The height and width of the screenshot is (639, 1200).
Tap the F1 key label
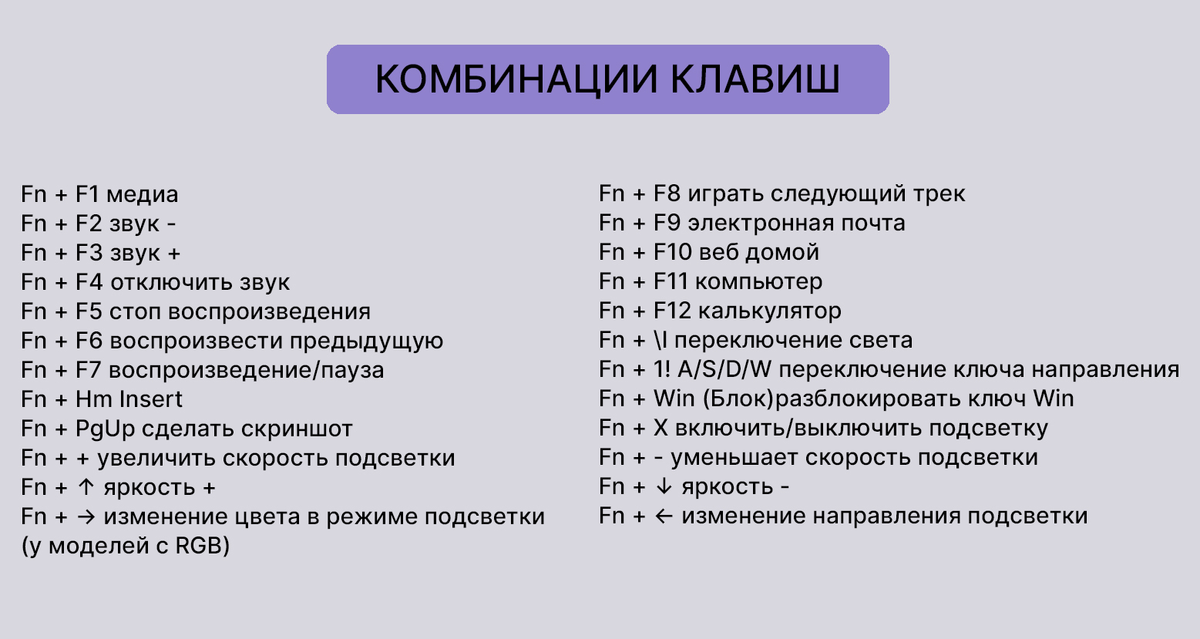tap(88, 194)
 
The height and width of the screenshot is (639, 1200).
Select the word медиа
tap(143, 194)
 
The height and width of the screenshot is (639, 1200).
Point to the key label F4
tap(89, 282)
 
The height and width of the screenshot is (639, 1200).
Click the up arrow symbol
tap(86, 487)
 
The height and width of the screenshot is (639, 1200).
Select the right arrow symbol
tap(86, 516)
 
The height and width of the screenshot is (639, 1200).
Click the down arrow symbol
tap(664, 486)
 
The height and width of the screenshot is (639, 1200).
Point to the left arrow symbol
tap(664, 516)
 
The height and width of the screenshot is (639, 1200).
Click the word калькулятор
tap(769, 311)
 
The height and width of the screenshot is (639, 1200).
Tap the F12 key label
tap(672, 311)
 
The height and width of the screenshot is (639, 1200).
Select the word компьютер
tap(758, 281)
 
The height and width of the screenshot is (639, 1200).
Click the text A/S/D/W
tap(724, 369)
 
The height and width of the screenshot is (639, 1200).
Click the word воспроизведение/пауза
tap(246, 370)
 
